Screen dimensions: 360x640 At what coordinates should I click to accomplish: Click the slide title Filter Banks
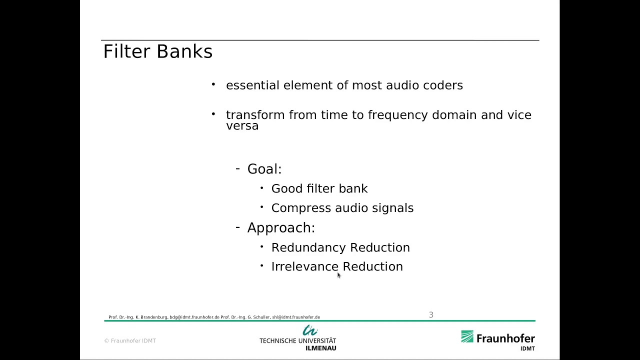coord(157,51)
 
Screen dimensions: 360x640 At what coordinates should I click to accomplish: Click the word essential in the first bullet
coord(252,85)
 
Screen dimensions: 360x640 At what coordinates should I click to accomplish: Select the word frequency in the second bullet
coord(398,115)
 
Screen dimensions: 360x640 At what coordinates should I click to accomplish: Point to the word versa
coord(242,126)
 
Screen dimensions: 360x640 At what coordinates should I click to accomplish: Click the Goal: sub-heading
coord(264,169)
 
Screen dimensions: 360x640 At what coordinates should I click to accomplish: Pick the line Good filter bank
coord(319,188)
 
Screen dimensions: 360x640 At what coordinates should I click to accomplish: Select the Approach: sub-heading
coord(281,228)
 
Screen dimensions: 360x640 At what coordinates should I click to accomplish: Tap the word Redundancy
coord(308,247)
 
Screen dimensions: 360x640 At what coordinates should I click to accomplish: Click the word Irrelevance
coord(304,266)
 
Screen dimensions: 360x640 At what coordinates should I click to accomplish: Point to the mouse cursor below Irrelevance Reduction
coord(338,275)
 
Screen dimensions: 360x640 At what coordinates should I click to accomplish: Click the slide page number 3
coord(431,314)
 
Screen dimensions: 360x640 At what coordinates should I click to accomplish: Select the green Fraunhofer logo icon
coord(467,336)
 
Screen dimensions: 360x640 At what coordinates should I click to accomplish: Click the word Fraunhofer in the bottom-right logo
coord(505,338)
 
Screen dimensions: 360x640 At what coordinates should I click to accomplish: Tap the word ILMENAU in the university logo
coord(320,348)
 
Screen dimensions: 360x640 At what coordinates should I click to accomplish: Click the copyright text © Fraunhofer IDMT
coord(130,341)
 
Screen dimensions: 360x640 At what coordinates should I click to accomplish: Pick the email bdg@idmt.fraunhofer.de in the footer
coord(194,317)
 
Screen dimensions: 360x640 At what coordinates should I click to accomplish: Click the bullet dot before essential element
coord(213,84)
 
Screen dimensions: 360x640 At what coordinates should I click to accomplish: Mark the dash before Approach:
coord(237,227)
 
